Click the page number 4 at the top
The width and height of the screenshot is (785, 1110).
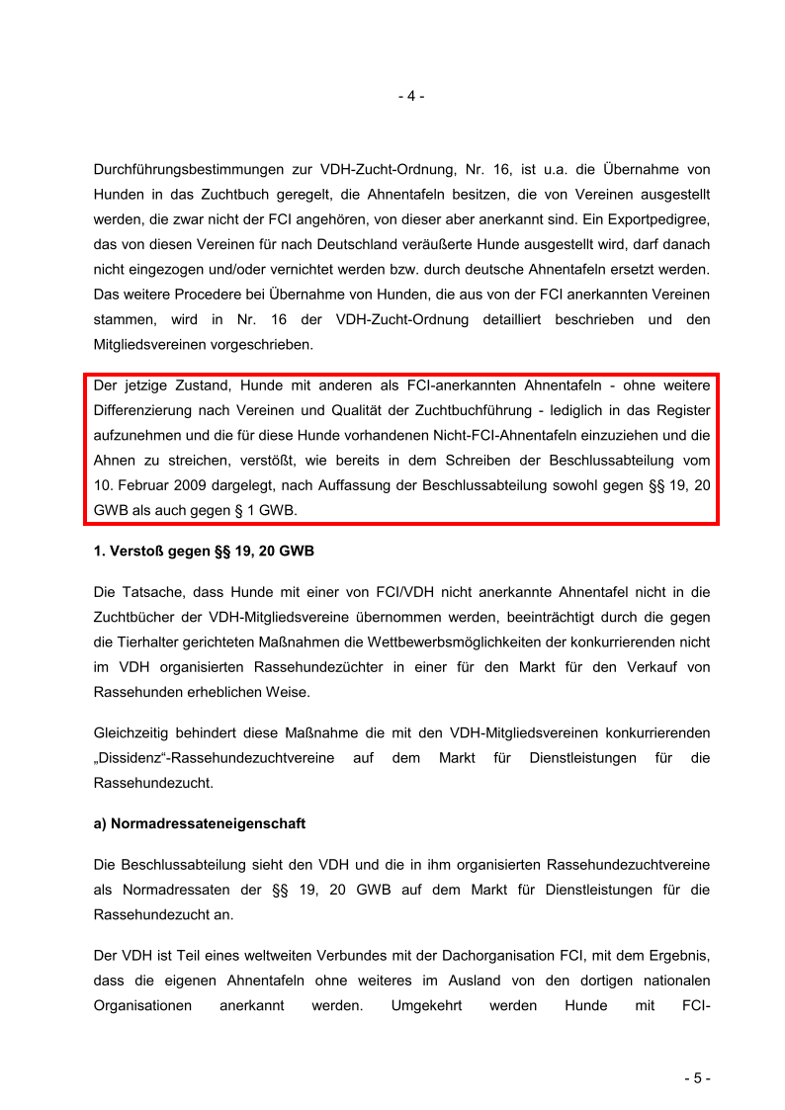click(411, 97)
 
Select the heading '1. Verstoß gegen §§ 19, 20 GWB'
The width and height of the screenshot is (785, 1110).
click(204, 552)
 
